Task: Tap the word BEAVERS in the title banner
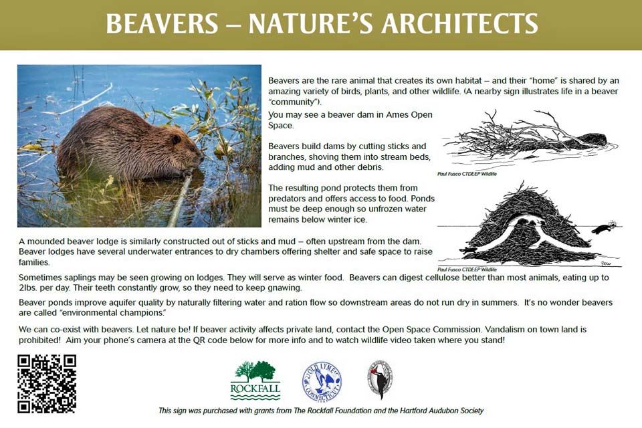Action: pos(161,24)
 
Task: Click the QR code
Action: pos(47,384)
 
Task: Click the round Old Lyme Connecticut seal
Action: pos(322,382)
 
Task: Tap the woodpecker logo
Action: pos(380,380)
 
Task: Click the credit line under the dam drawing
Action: pos(466,173)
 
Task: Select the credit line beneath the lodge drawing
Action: pos(466,269)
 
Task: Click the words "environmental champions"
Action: pos(108,312)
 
